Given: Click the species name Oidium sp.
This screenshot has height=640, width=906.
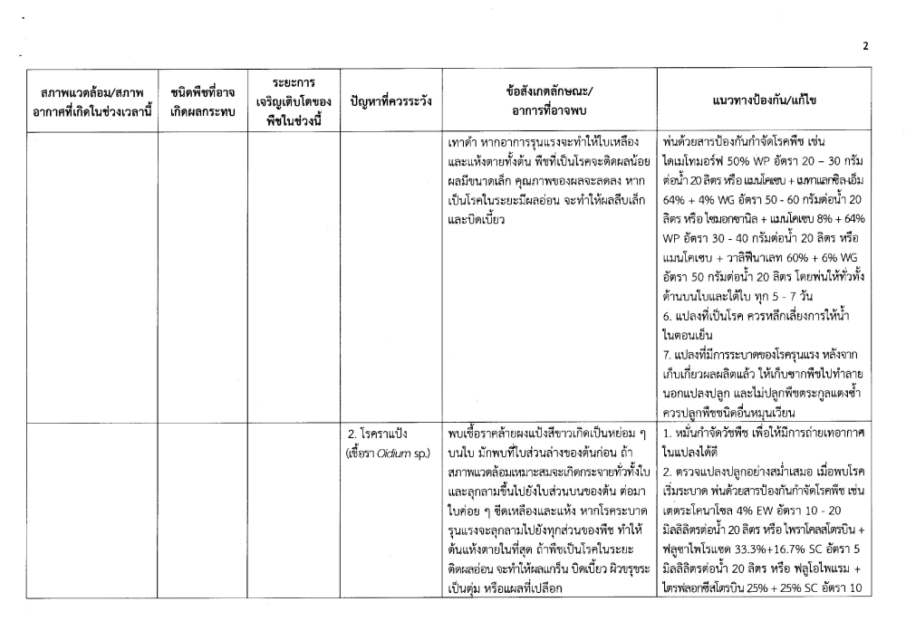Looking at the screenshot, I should pyautogui.click(x=403, y=452).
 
